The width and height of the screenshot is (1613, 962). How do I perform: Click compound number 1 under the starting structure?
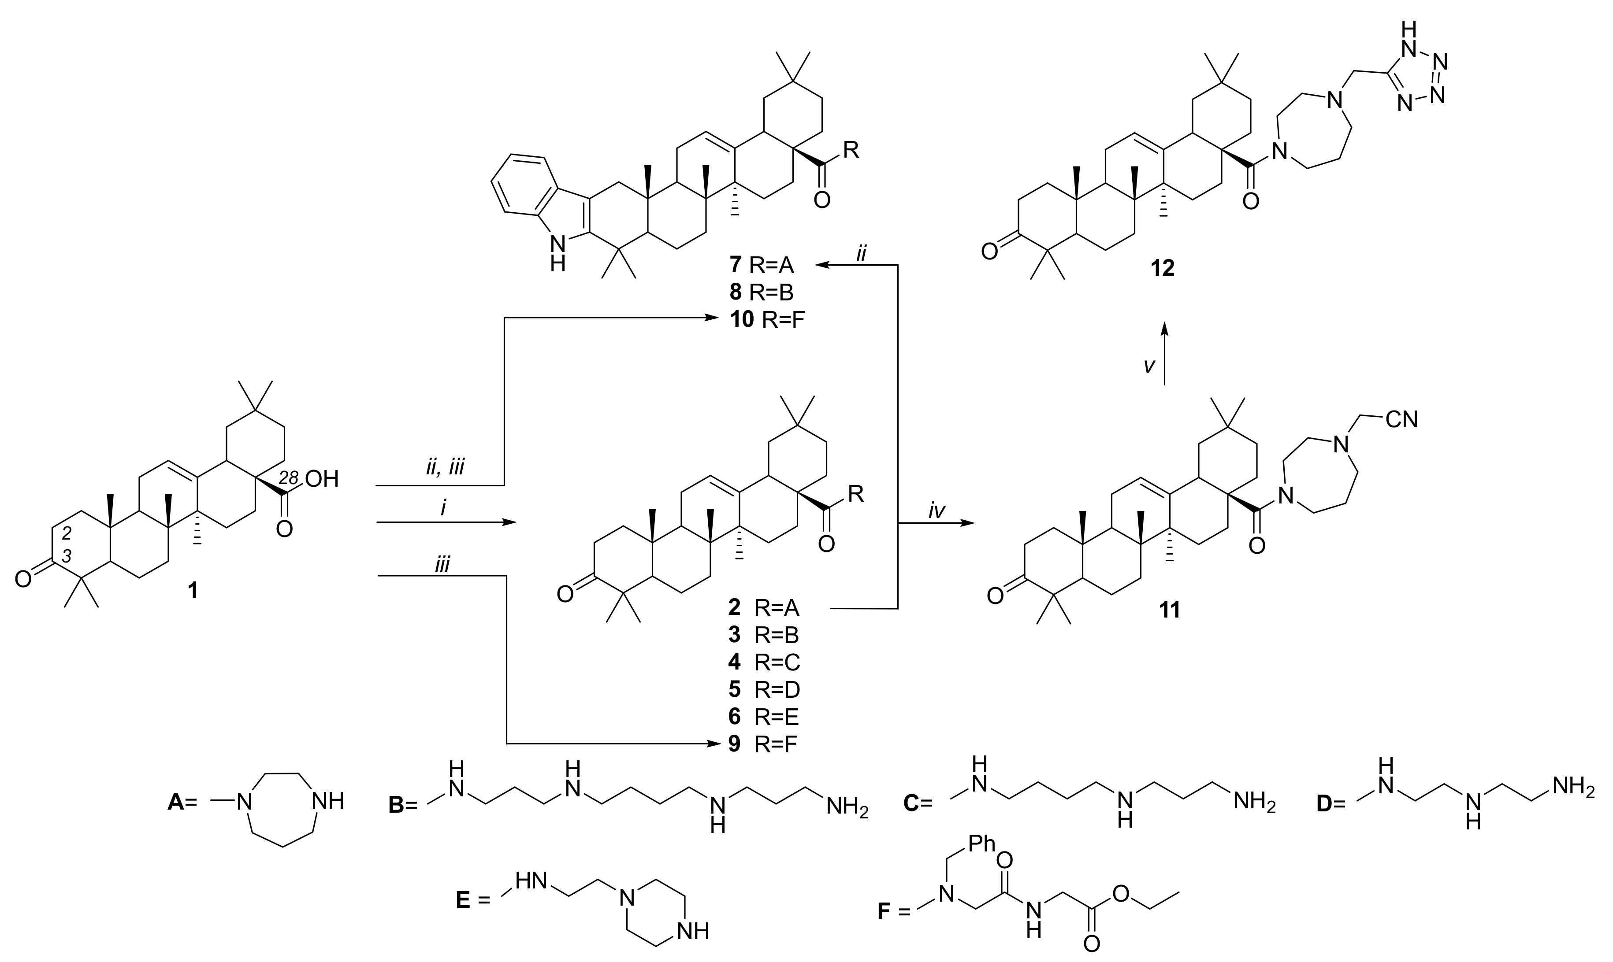tap(193, 591)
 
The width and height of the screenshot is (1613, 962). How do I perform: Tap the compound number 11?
tap(1169, 609)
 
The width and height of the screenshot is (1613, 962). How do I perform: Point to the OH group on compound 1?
tap(322, 480)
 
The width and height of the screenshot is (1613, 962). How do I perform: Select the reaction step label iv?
tap(936, 511)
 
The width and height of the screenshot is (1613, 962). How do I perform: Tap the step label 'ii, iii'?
tap(445, 467)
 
